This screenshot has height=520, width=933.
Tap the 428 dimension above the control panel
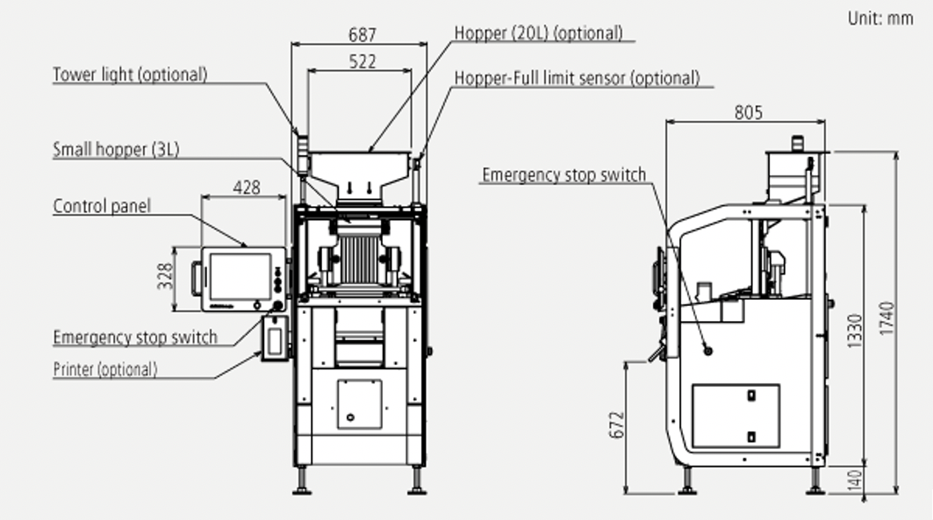click(247, 188)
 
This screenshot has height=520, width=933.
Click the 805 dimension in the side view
click(748, 112)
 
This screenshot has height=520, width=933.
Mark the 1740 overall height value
click(886, 323)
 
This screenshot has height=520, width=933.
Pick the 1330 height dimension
click(856, 334)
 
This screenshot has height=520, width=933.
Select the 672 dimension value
click(615, 425)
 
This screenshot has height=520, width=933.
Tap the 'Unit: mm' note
click(880, 18)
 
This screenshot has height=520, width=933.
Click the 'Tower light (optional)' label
click(130, 75)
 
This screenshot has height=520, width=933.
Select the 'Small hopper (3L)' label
click(116, 149)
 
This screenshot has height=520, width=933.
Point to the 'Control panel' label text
click(102, 207)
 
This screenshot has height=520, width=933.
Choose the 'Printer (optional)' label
click(105, 369)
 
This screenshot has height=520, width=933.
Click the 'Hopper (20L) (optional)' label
click(538, 33)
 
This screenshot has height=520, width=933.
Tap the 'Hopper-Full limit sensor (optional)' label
click(577, 78)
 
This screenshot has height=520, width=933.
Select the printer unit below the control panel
click(276, 338)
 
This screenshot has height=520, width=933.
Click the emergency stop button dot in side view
click(707, 351)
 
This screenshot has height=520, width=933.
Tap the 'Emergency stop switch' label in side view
click(563, 175)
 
